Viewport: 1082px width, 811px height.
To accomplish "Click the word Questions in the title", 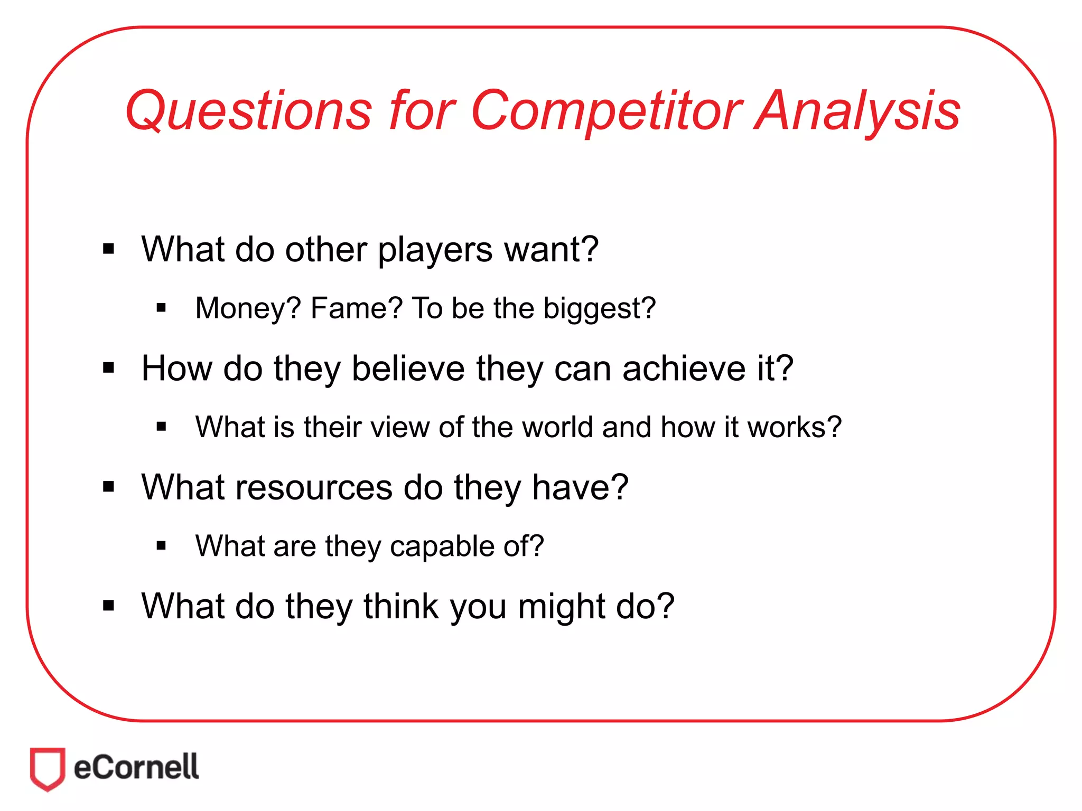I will pos(248,111).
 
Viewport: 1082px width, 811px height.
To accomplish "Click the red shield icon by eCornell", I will pos(48,768).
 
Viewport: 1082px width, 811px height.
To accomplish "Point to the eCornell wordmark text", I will pos(136,767).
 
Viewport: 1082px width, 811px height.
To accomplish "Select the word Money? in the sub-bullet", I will pos(248,308).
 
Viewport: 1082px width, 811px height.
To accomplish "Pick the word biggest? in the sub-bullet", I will pos(600,308).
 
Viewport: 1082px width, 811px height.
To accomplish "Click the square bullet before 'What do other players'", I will pos(109,249).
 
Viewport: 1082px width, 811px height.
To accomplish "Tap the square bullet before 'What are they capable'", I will pos(162,546).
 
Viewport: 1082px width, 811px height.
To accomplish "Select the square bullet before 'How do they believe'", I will pos(109,367).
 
